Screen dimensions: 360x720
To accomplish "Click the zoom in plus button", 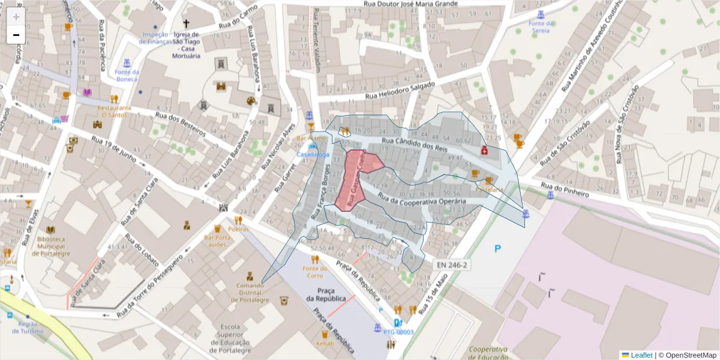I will click(x=16, y=16).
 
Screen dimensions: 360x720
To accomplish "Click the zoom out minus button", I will click(x=16, y=35).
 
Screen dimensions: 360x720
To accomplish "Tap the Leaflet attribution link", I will click(x=641, y=355).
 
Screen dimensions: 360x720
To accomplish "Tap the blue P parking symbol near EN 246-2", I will click(x=497, y=248).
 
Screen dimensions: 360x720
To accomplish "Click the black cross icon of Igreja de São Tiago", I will click(x=186, y=24).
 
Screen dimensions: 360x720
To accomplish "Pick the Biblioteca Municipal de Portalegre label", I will click(x=50, y=246).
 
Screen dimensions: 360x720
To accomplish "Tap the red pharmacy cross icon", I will click(x=484, y=151).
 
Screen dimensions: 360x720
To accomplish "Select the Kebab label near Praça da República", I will click(x=325, y=344).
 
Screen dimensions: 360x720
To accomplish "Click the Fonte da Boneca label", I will click(x=127, y=76).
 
